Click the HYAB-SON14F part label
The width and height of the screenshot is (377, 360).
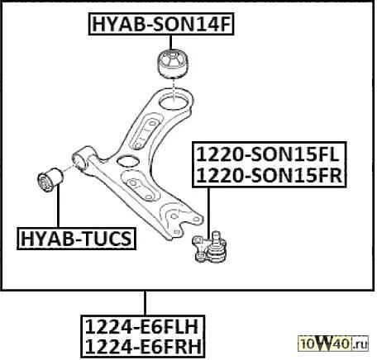[x=161, y=24]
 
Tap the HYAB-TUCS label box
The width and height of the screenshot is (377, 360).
[x=76, y=239]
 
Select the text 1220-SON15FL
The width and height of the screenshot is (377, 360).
[x=267, y=154]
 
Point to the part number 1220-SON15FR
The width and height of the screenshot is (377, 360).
[x=270, y=175]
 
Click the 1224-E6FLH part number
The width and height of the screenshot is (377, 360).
[x=141, y=327]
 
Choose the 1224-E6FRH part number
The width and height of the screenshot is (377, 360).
[x=143, y=346]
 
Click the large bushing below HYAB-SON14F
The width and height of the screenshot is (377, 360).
[x=174, y=64]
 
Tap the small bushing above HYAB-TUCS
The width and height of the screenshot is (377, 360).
[x=50, y=179]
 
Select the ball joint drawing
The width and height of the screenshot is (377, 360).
[x=210, y=247]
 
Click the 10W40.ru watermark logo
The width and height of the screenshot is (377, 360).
[x=333, y=343]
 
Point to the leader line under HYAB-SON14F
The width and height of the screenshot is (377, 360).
[x=171, y=42]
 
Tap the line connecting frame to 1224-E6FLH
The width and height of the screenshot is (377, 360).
[x=145, y=303]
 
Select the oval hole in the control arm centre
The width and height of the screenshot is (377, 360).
[x=127, y=161]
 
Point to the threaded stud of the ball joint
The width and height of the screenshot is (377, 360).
[x=217, y=237]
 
